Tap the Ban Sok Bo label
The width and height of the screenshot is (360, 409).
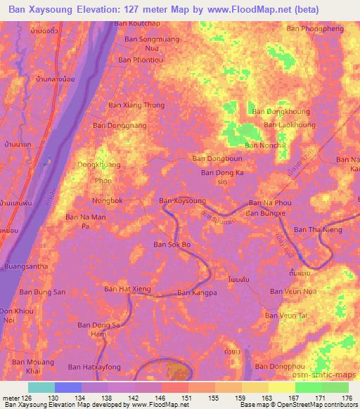click(172, 245)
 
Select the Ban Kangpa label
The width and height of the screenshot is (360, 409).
click(195, 292)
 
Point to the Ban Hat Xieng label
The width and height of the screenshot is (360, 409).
click(128, 289)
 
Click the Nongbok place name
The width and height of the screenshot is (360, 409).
click(107, 200)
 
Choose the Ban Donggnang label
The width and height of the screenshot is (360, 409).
click(120, 125)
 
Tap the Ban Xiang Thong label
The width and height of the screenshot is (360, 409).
click(136, 105)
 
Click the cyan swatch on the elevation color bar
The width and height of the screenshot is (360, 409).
click(41, 387)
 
